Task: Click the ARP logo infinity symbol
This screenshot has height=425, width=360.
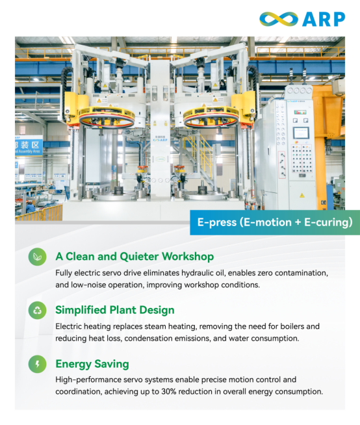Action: pyautogui.click(x=279, y=19)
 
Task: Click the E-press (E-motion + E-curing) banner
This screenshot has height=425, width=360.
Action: pyautogui.click(x=275, y=222)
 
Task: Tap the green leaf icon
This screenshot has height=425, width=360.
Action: pyautogui.click(x=38, y=257)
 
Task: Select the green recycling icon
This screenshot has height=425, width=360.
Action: pyautogui.click(x=38, y=310)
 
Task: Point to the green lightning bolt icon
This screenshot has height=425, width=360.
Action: pyautogui.click(x=38, y=364)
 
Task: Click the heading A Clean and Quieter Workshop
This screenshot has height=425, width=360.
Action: pyautogui.click(x=135, y=257)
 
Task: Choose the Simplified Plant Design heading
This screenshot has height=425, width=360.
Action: pyautogui.click(x=115, y=310)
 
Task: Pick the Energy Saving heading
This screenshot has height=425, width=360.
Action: pyautogui.click(x=92, y=364)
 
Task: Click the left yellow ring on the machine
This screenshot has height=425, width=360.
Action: pyautogui.click(x=107, y=116)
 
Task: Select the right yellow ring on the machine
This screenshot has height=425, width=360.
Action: pyautogui.click(x=211, y=116)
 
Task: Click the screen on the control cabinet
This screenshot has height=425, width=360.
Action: pyautogui.click(x=301, y=133)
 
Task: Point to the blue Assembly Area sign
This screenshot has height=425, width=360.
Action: pyautogui.click(x=29, y=146)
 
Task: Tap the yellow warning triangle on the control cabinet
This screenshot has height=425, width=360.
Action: pyautogui.click(x=302, y=195)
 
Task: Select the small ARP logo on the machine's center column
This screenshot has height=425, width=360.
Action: pyautogui.click(x=161, y=140)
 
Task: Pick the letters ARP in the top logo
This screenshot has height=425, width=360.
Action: pyautogui.click(x=324, y=19)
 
